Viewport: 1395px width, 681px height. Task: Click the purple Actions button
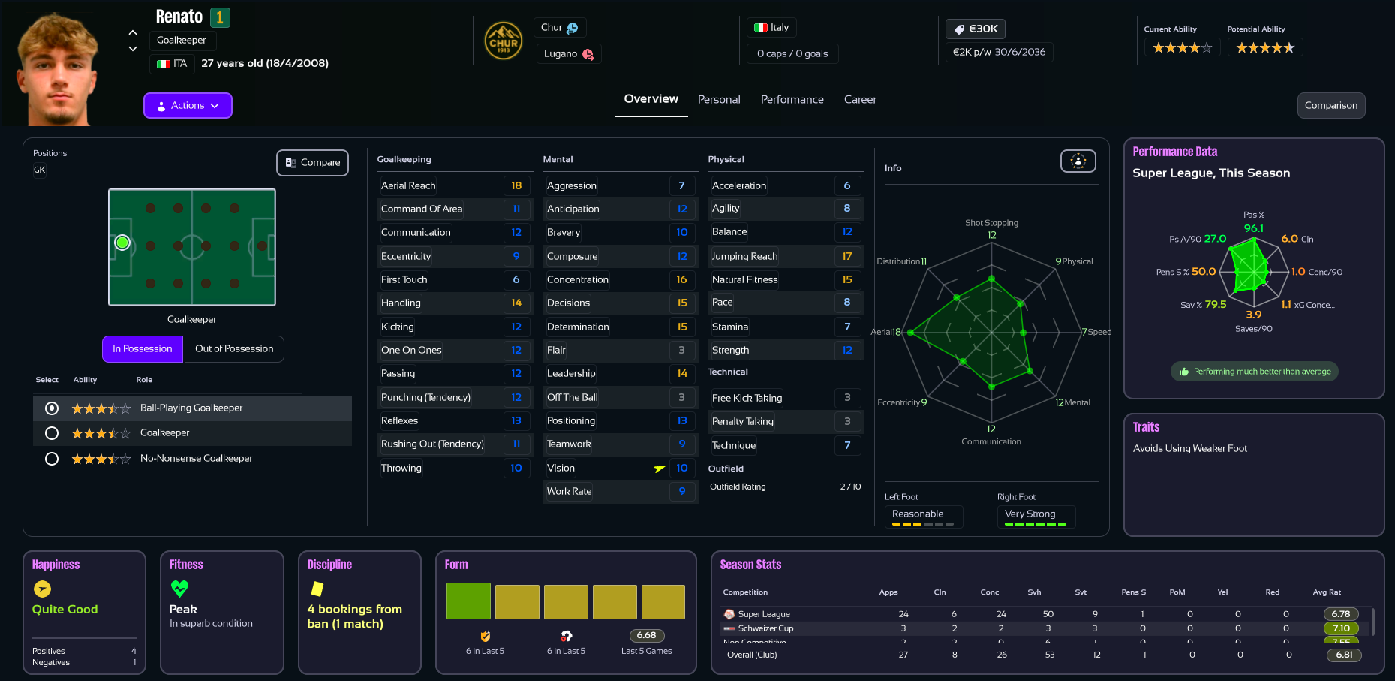[188, 106]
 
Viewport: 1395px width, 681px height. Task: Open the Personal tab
[719, 100]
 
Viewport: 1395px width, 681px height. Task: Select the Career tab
[860, 100]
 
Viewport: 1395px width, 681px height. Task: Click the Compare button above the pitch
[312, 163]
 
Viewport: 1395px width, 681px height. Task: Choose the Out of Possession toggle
[234, 349]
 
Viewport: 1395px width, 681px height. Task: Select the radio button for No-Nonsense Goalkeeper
[52, 459]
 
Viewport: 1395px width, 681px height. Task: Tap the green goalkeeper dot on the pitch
[122, 243]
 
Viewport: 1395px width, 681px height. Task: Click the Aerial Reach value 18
[516, 185]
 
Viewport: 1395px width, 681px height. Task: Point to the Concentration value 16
[681, 280]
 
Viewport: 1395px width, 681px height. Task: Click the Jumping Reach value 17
[846, 257]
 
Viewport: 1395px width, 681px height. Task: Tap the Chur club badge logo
[503, 41]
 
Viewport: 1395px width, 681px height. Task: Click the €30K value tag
[976, 29]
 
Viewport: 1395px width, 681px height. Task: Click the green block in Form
[468, 601]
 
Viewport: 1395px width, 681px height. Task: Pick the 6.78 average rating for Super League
[1340, 614]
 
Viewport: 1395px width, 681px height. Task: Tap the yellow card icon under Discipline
[317, 589]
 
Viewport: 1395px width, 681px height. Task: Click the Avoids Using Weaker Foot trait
[1189, 449]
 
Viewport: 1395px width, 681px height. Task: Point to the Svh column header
[1034, 592]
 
